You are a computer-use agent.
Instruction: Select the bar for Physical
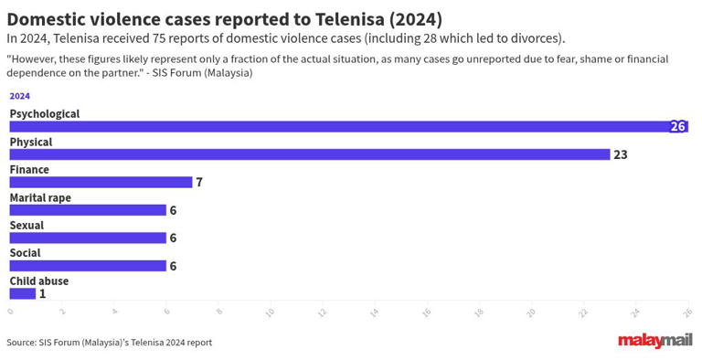pyautogui.click(x=309, y=154)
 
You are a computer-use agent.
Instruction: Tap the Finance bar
pyautogui.click(x=101, y=182)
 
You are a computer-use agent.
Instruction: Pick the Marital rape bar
pyautogui.click(x=88, y=210)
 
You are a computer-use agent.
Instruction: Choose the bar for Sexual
pyautogui.click(x=88, y=238)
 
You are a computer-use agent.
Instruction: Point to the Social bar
pyautogui.click(x=88, y=266)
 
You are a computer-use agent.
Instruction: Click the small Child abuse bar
pyautogui.click(x=23, y=293)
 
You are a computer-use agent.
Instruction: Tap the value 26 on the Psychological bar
pyautogui.click(x=677, y=127)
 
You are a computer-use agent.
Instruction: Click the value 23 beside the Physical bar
pyautogui.click(x=620, y=154)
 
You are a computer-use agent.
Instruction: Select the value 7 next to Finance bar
pyautogui.click(x=198, y=182)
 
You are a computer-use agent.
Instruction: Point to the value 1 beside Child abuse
pyautogui.click(x=42, y=293)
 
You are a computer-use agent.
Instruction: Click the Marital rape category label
pyautogui.click(x=40, y=197)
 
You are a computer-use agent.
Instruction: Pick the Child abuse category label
pyautogui.click(x=38, y=281)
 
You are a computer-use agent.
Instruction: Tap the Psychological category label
pyautogui.click(x=45, y=114)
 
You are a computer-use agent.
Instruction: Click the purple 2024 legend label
pyautogui.click(x=19, y=95)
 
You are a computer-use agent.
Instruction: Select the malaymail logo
pyautogui.click(x=654, y=342)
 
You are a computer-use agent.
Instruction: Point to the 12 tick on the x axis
pyautogui.click(x=322, y=312)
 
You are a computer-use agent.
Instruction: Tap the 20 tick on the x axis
pyautogui.click(x=530, y=312)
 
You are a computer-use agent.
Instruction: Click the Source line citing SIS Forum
pyautogui.click(x=109, y=343)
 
